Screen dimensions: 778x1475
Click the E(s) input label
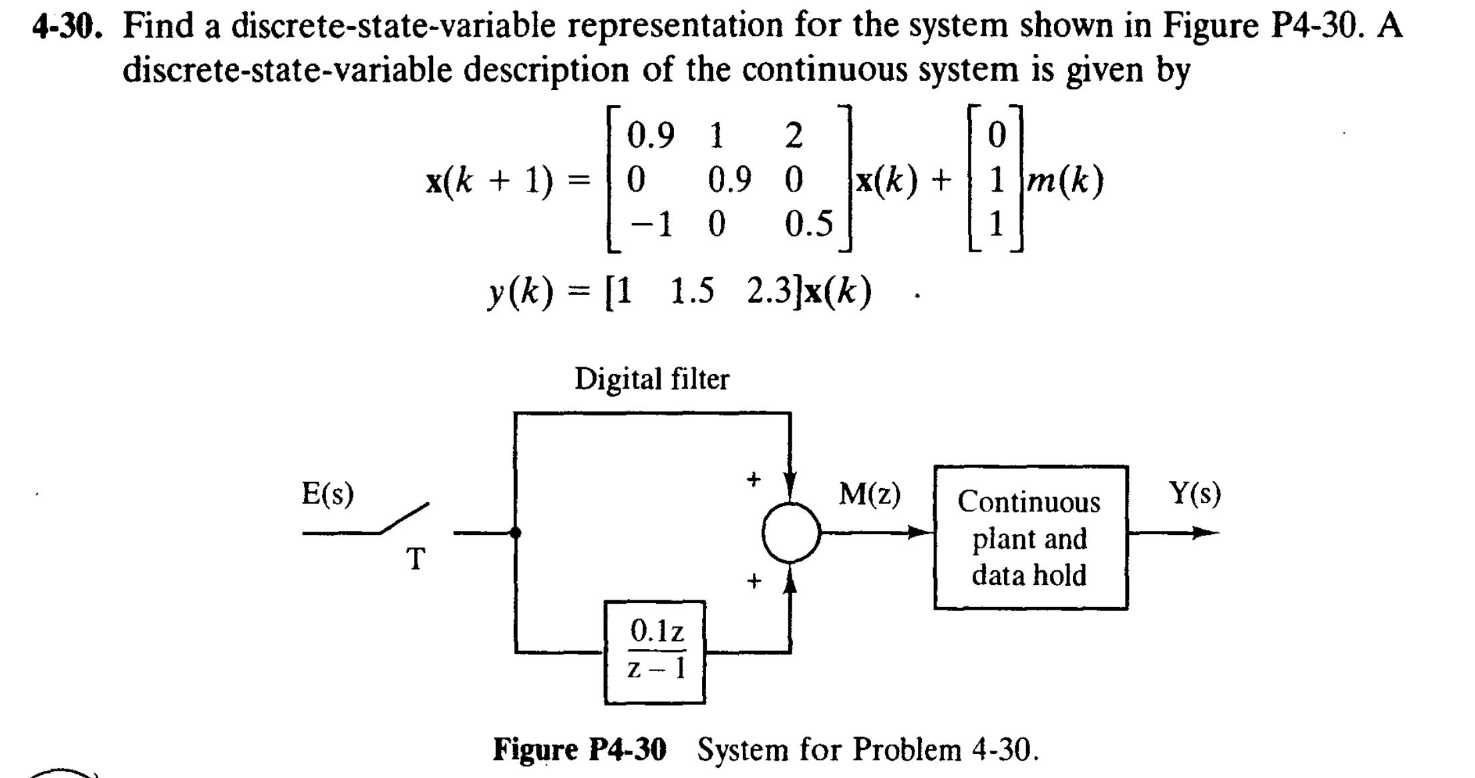pos(327,494)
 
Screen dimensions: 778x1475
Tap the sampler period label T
pos(416,559)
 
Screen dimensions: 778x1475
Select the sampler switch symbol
pos(405,519)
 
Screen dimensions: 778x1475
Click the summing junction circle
pos(791,532)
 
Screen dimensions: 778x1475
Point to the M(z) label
pos(869,495)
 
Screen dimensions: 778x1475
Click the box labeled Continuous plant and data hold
pos(1030,538)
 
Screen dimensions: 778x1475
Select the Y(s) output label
pos(1194,494)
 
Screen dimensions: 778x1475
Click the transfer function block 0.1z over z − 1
pos(655,651)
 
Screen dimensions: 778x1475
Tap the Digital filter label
pos(652,379)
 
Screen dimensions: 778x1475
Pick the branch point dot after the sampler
pos(515,532)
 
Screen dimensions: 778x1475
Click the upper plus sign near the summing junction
pos(754,479)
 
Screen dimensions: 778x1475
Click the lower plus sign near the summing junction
pos(754,580)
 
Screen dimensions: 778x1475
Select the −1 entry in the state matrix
pos(651,224)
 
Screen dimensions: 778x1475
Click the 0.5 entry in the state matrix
pos(808,224)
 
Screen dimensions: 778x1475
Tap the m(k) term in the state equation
pos(1065,180)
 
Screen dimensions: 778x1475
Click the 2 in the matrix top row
pos(793,136)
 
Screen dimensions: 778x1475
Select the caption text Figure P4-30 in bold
pos(579,749)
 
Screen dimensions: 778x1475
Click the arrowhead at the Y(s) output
pos(1205,532)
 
